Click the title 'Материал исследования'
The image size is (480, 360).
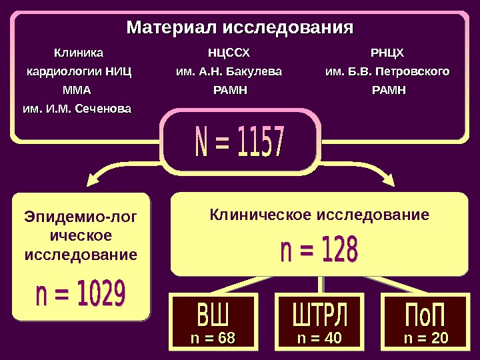pyautogui.click(x=240, y=29)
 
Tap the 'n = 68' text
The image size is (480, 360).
pyautogui.click(x=213, y=339)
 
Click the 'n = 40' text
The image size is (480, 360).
pyautogui.click(x=319, y=339)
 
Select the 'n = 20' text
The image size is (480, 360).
pyautogui.click(x=426, y=339)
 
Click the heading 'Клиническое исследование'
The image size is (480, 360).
pyautogui.click(x=319, y=215)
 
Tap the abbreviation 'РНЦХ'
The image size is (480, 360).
pyautogui.click(x=387, y=52)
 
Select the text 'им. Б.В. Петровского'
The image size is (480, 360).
pyautogui.click(x=387, y=71)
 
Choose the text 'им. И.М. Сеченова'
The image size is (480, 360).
pyautogui.click(x=77, y=108)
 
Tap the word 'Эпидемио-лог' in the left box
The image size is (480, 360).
pyautogui.click(x=80, y=217)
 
